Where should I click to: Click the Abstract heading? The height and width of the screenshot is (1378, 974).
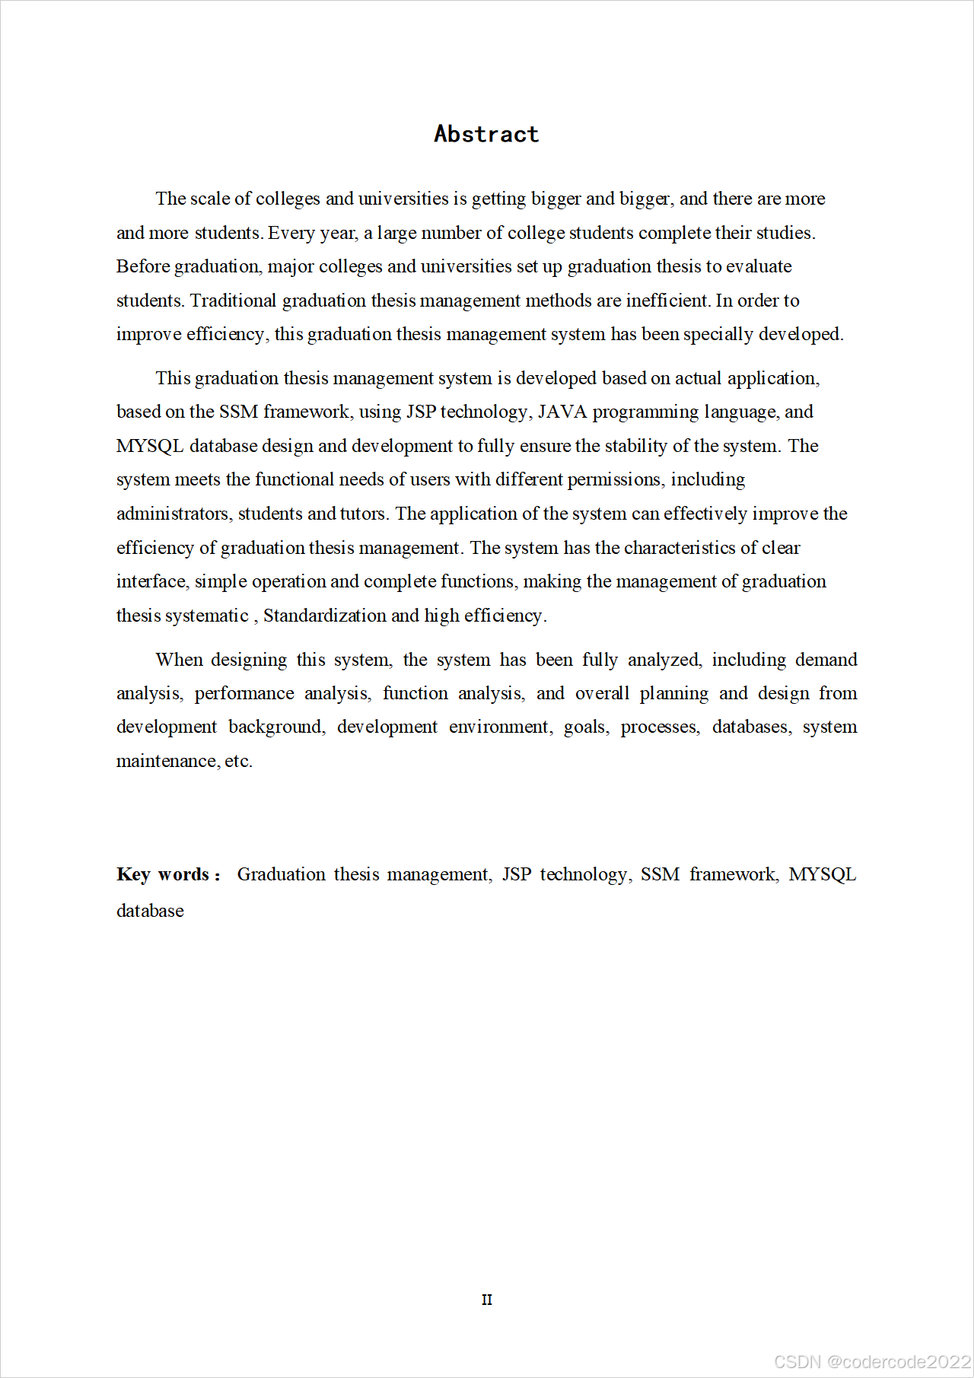[486, 134]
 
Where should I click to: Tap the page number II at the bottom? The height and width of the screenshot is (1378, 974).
[487, 1300]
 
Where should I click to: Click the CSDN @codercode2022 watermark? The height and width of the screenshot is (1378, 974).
[872, 1362]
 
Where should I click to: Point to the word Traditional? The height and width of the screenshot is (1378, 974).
[233, 301]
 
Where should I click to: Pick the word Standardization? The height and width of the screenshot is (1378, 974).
[324, 616]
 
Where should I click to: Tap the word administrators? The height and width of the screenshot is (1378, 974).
[173, 514]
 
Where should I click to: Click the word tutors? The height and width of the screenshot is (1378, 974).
[364, 514]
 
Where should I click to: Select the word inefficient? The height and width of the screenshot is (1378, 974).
[667, 301]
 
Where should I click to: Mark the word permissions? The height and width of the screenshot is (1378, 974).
[615, 479]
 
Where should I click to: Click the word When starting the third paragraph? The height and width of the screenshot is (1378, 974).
[179, 660]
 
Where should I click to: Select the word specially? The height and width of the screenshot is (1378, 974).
[718, 334]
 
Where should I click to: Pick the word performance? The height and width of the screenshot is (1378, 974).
[243, 693]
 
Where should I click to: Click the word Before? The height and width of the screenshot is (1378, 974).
[143, 266]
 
